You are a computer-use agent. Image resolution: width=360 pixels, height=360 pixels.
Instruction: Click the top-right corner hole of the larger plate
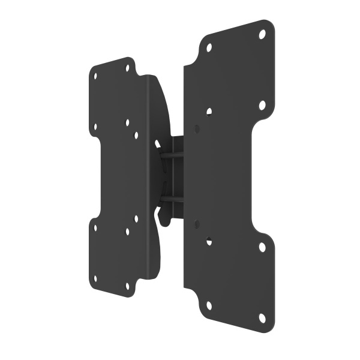pyautogui.click(x=262, y=34)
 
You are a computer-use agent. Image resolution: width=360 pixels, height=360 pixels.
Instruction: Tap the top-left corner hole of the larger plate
pyautogui.click(x=209, y=47)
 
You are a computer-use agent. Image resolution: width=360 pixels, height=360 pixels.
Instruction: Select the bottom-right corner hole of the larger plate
pyautogui.click(x=262, y=317)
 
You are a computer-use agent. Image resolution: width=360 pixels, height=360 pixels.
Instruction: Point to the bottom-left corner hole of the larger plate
pyautogui.click(x=209, y=305)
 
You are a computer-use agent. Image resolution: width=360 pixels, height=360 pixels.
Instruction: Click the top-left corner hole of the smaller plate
pyautogui.click(x=95, y=76)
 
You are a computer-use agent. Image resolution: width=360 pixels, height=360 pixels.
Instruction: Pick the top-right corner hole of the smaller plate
pyautogui.click(x=127, y=68)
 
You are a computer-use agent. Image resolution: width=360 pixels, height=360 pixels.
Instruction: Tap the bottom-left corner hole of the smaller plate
pyautogui.click(x=95, y=277)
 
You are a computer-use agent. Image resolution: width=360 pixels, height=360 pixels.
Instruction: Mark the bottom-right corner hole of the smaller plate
pyautogui.click(x=127, y=287)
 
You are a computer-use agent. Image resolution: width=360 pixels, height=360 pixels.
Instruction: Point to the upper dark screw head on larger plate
pyautogui.click(x=197, y=128)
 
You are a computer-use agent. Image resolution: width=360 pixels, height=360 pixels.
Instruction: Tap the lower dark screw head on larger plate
pyautogui.click(x=197, y=224)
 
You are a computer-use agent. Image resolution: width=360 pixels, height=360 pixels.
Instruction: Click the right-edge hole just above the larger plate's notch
pyautogui.click(x=262, y=105)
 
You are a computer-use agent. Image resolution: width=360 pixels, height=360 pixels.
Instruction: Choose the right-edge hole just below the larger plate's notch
pyautogui.click(x=262, y=247)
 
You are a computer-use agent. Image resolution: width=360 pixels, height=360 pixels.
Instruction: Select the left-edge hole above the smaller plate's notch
pyautogui.click(x=95, y=127)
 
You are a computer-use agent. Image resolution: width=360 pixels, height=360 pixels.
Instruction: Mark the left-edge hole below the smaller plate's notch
pyautogui.click(x=95, y=227)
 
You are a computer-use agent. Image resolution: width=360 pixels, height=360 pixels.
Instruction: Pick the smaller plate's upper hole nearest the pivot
pyautogui.click(x=136, y=135)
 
